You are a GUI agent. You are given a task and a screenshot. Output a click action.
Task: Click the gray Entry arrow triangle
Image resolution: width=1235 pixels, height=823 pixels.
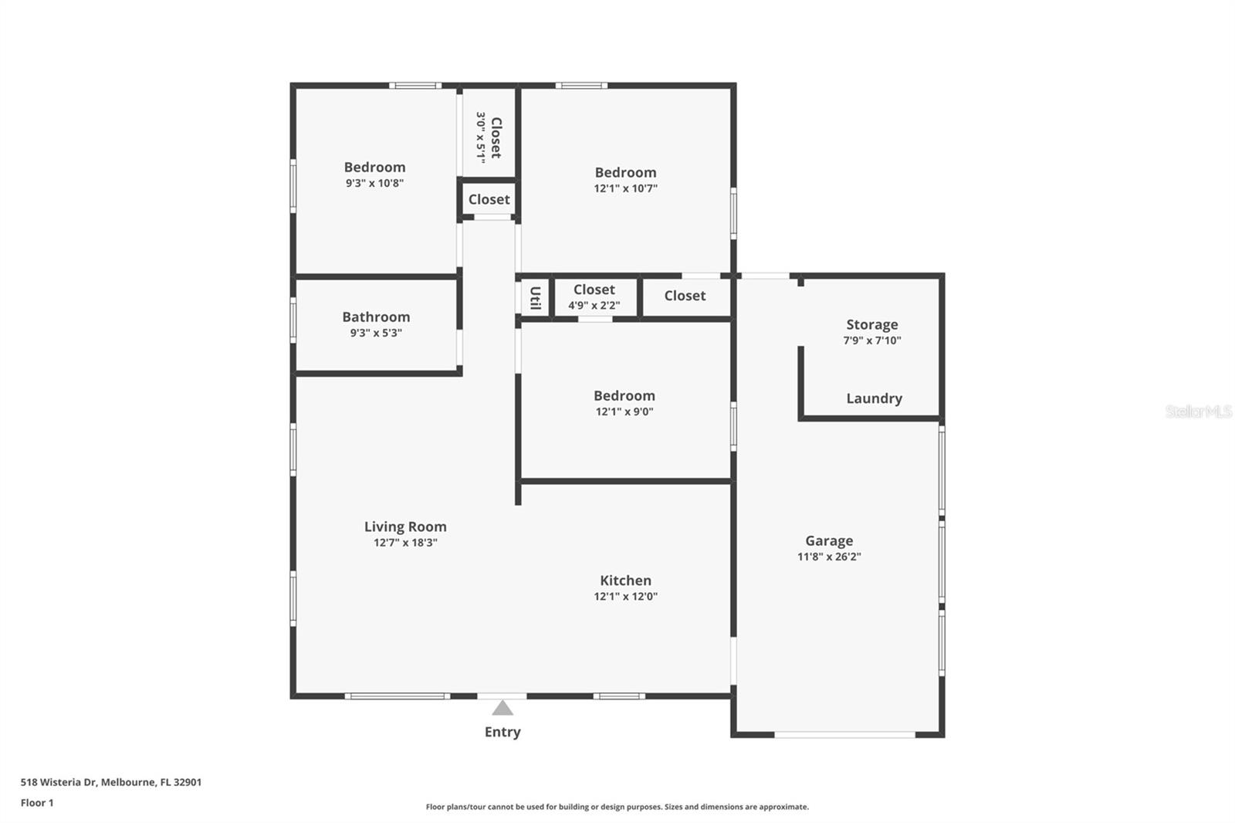(502, 708)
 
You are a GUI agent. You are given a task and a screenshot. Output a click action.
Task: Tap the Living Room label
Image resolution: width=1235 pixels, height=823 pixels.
(405, 527)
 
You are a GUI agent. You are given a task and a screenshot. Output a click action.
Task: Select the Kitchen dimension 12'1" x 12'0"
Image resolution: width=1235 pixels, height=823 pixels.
(625, 596)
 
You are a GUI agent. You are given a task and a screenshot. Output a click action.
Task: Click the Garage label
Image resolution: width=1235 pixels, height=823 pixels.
(829, 540)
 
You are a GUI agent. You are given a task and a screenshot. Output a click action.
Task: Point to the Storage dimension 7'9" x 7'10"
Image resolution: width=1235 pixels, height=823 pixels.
(871, 340)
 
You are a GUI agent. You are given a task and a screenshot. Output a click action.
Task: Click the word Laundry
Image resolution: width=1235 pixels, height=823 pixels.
(874, 398)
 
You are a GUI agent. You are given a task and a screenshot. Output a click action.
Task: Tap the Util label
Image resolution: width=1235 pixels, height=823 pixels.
(534, 297)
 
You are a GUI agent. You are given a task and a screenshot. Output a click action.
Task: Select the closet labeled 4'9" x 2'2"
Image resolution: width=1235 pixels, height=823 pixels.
(594, 296)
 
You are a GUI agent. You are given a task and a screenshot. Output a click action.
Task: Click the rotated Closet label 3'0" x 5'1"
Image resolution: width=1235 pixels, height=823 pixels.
(489, 137)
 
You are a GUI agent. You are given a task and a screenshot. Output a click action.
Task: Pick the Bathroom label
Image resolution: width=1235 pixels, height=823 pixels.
(376, 317)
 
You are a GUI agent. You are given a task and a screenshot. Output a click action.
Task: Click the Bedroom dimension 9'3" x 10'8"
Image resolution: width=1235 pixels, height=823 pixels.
(374, 184)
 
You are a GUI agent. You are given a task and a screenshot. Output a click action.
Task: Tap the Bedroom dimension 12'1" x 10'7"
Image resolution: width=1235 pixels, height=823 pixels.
(625, 188)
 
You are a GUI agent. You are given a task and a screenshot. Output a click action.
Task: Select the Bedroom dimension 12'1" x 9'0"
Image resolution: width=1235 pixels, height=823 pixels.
(624, 411)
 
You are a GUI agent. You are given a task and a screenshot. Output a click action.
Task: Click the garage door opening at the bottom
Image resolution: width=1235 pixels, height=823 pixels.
(844, 734)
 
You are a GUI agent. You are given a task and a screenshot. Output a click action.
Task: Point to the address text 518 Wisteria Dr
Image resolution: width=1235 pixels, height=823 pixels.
(59, 782)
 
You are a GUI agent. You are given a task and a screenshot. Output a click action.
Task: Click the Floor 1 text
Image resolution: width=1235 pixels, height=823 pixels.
(37, 803)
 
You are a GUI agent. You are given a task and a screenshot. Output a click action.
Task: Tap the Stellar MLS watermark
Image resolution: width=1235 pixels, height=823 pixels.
(1198, 411)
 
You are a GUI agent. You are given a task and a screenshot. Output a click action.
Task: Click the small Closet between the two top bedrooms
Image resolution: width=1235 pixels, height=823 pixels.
(489, 199)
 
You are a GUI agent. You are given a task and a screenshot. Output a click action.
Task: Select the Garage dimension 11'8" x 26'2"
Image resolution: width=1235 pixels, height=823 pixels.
(829, 557)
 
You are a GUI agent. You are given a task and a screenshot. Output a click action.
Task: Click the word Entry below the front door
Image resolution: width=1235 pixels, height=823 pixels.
(502, 732)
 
